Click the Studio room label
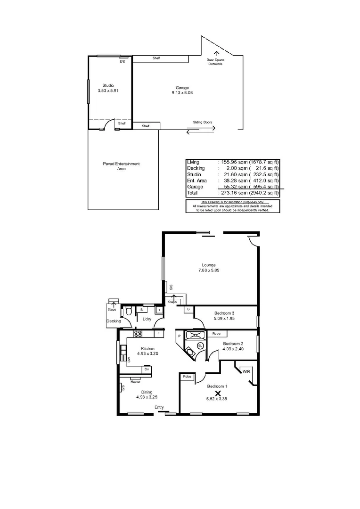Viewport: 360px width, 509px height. point(108,85)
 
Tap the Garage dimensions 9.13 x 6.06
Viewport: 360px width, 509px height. point(182,93)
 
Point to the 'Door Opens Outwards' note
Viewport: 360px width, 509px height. point(215,62)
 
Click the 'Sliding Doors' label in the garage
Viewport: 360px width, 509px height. point(202,122)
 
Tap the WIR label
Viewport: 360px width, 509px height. point(246,371)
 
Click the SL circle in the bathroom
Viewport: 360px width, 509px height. point(200,345)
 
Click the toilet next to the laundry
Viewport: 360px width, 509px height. point(128,312)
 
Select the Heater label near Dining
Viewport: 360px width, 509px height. point(135,381)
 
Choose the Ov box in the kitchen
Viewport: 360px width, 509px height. point(147,369)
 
